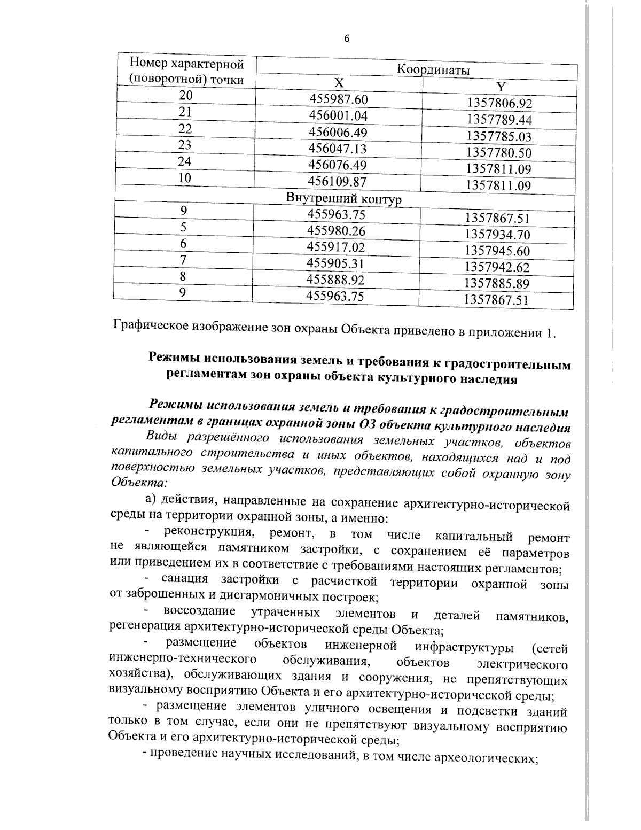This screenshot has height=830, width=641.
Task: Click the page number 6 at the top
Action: [x=347, y=38]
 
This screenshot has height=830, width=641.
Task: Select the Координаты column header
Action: [x=433, y=70]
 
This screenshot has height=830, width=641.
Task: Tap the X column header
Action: [x=339, y=83]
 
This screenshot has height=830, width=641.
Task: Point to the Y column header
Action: [x=501, y=87]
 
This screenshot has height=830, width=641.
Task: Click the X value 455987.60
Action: [x=339, y=99]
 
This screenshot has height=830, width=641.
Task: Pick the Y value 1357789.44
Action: [x=499, y=119]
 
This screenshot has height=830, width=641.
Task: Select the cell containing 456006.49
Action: [x=339, y=132]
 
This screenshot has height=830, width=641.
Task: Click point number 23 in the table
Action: [x=185, y=145]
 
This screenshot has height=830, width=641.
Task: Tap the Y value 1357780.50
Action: [x=499, y=152]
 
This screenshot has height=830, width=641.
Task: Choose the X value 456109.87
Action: [x=338, y=182]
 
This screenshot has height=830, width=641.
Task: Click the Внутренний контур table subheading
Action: [x=344, y=199]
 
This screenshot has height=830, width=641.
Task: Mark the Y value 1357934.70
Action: [x=497, y=234]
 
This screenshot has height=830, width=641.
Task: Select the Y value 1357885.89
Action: [x=496, y=283]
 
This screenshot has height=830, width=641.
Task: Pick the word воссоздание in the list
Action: [x=199, y=611]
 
